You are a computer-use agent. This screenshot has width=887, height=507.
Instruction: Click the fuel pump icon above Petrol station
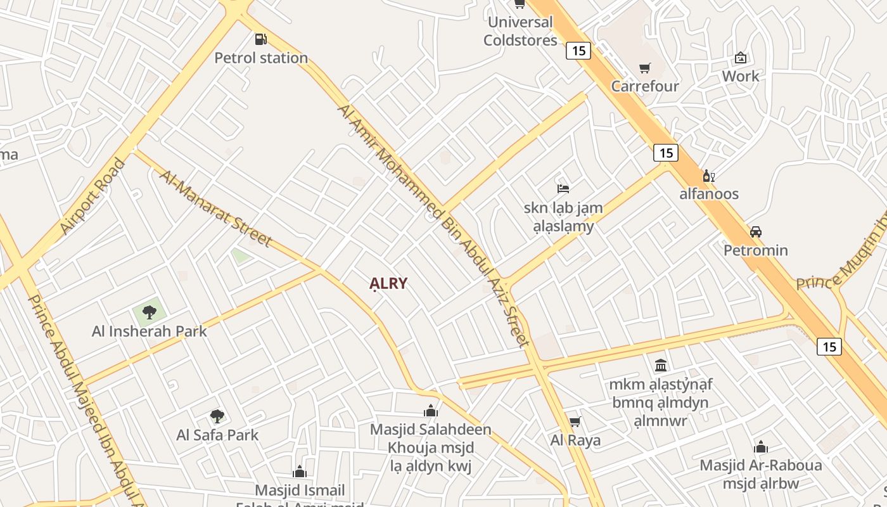point(260,39)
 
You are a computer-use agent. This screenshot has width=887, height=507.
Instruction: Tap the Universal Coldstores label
point(520,31)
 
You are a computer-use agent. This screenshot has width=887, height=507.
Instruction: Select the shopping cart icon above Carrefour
point(645,68)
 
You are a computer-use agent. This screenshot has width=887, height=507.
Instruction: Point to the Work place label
point(740,76)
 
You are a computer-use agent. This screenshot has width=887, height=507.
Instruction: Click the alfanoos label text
point(709,193)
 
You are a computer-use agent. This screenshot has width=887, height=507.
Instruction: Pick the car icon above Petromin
point(755,232)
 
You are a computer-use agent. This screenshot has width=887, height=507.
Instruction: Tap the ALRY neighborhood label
point(388,283)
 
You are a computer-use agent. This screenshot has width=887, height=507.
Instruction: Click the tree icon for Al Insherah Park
point(150,312)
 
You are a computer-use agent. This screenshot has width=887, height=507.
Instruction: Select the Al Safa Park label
point(217,435)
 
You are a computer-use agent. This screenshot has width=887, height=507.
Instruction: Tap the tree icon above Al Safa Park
point(217,416)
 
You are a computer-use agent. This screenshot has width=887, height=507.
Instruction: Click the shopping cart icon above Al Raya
point(575,421)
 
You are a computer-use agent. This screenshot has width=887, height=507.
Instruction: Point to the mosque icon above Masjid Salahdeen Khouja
point(431,411)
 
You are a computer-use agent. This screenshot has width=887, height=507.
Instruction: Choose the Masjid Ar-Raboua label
point(760,465)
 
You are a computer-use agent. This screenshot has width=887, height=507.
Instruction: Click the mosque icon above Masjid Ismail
point(300,472)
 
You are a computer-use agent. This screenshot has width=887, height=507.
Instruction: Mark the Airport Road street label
point(93,196)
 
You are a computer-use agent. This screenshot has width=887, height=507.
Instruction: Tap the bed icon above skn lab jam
point(563,188)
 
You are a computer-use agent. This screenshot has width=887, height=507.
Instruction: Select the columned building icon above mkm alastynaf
point(661,365)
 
